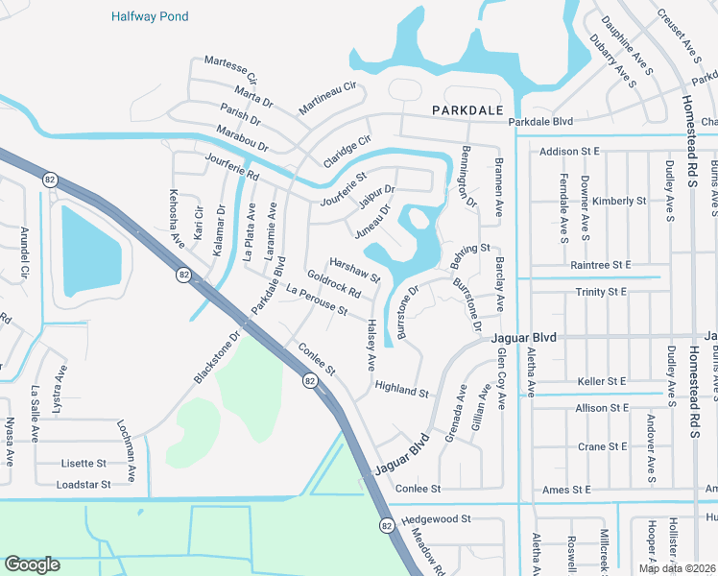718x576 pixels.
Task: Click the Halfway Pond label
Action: tap(149, 16)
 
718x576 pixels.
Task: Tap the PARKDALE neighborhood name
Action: tap(467, 110)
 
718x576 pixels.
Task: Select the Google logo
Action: tap(33, 564)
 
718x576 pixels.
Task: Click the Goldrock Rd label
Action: tap(333, 283)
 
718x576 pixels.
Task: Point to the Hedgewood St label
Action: tap(437, 518)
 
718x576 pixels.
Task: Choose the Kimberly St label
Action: tap(619, 201)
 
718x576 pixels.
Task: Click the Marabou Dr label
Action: tap(242, 137)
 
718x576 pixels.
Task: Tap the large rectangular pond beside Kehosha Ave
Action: tap(91, 252)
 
